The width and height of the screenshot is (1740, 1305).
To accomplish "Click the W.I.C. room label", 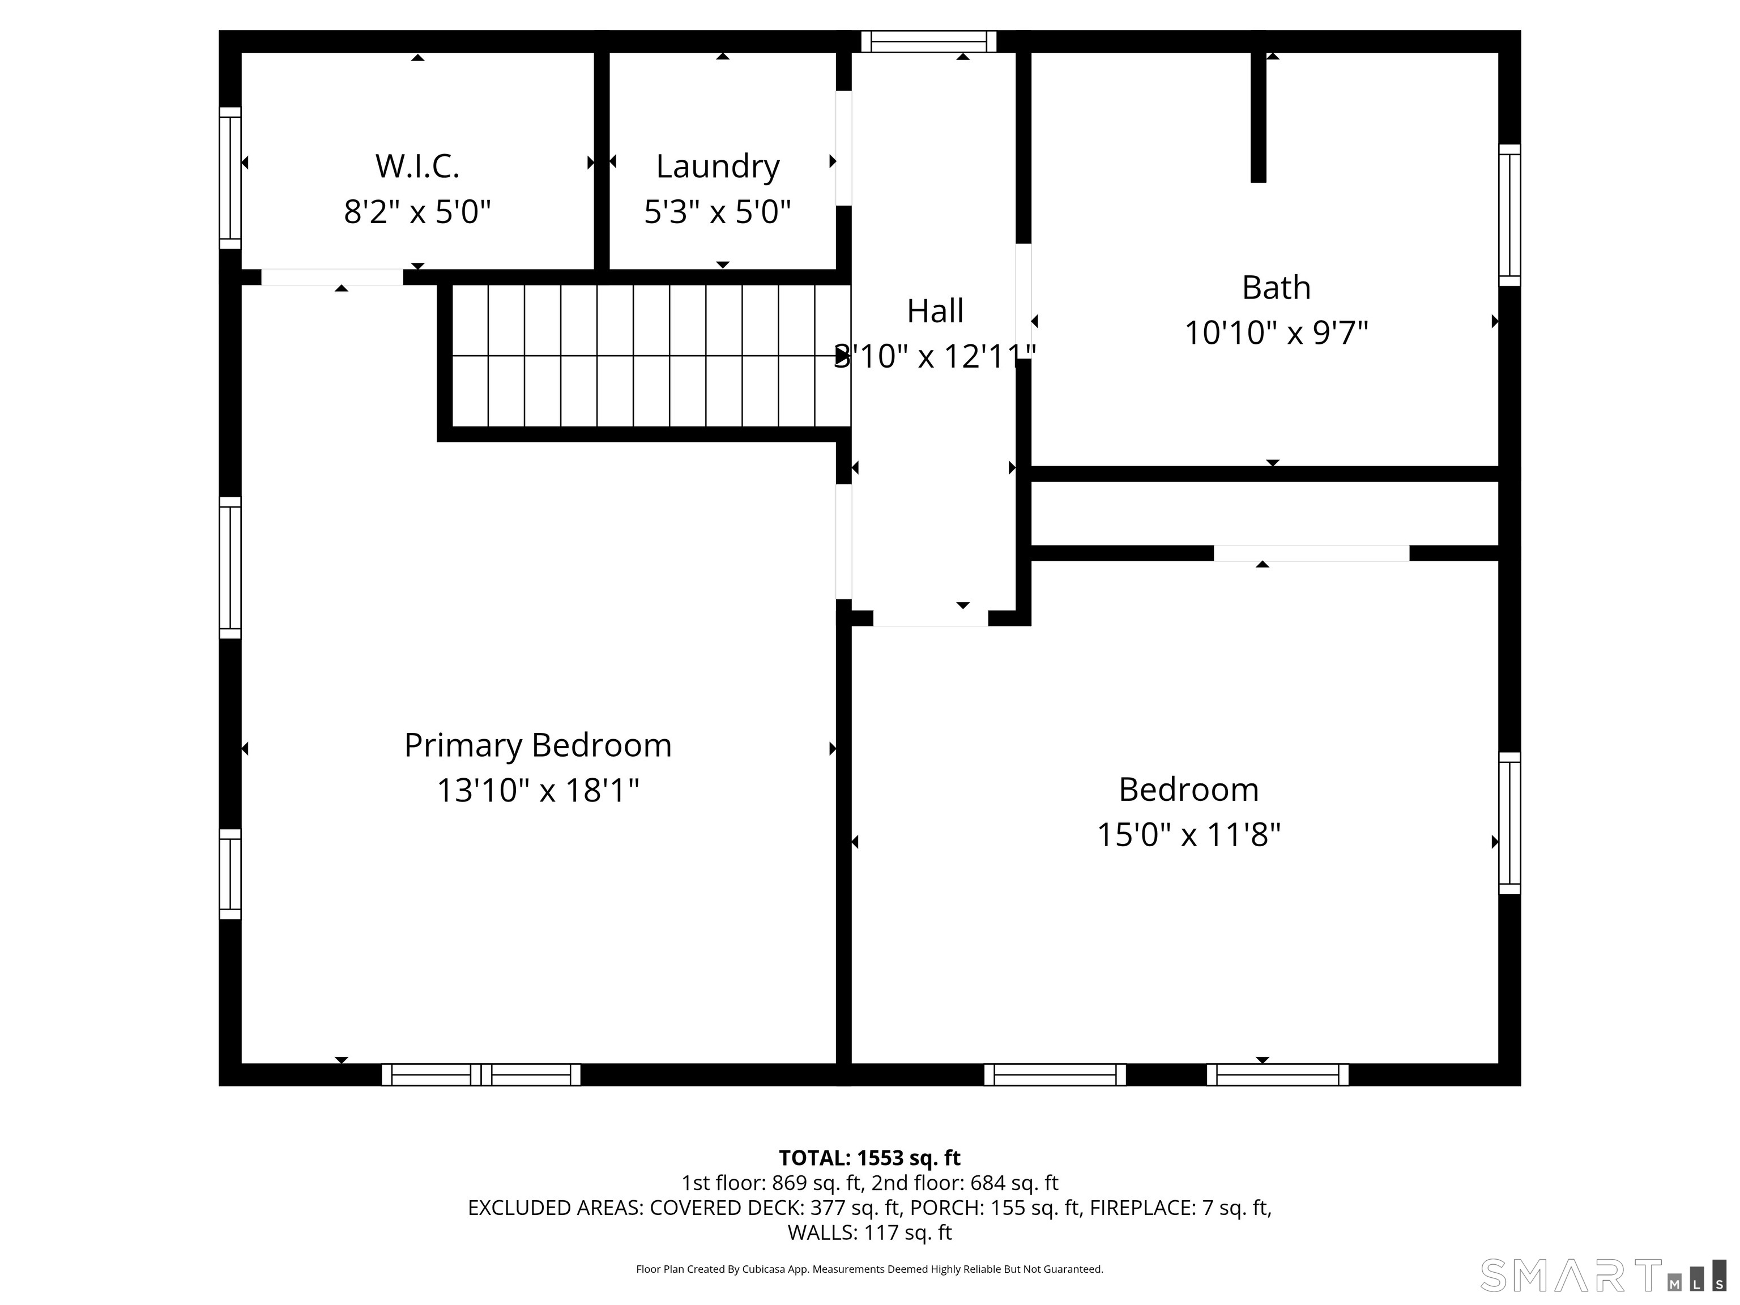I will [x=417, y=166].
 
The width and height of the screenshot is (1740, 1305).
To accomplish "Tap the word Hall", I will [x=935, y=312].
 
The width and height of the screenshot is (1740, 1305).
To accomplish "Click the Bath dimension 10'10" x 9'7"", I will [x=1276, y=332].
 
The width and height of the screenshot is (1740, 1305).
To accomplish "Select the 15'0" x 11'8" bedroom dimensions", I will [x=1188, y=835].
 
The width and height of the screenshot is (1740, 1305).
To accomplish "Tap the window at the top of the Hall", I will [x=928, y=42].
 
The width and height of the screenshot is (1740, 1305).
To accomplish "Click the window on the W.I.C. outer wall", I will [x=230, y=178].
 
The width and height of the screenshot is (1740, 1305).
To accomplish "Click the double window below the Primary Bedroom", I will [x=481, y=1074].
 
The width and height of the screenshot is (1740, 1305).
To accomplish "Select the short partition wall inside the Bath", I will [x=1258, y=118].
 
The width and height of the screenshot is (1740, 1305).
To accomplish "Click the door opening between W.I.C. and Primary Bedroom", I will [x=332, y=277].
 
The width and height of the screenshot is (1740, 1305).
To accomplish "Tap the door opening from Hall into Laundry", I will [x=843, y=148].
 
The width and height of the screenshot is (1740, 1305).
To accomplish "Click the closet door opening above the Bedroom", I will [x=1311, y=553].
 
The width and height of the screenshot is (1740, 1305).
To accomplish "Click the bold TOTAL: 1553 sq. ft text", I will [x=869, y=1158].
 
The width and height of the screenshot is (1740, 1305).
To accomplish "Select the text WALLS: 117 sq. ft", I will [x=869, y=1232].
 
